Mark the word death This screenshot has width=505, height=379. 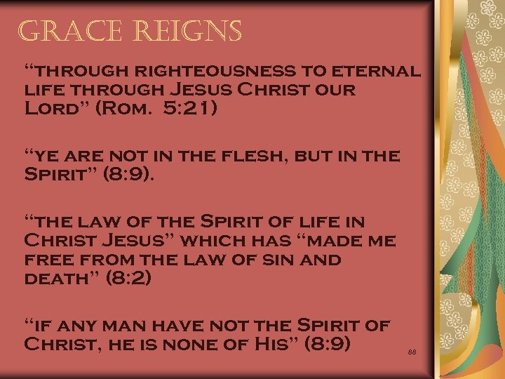click(59, 279)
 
